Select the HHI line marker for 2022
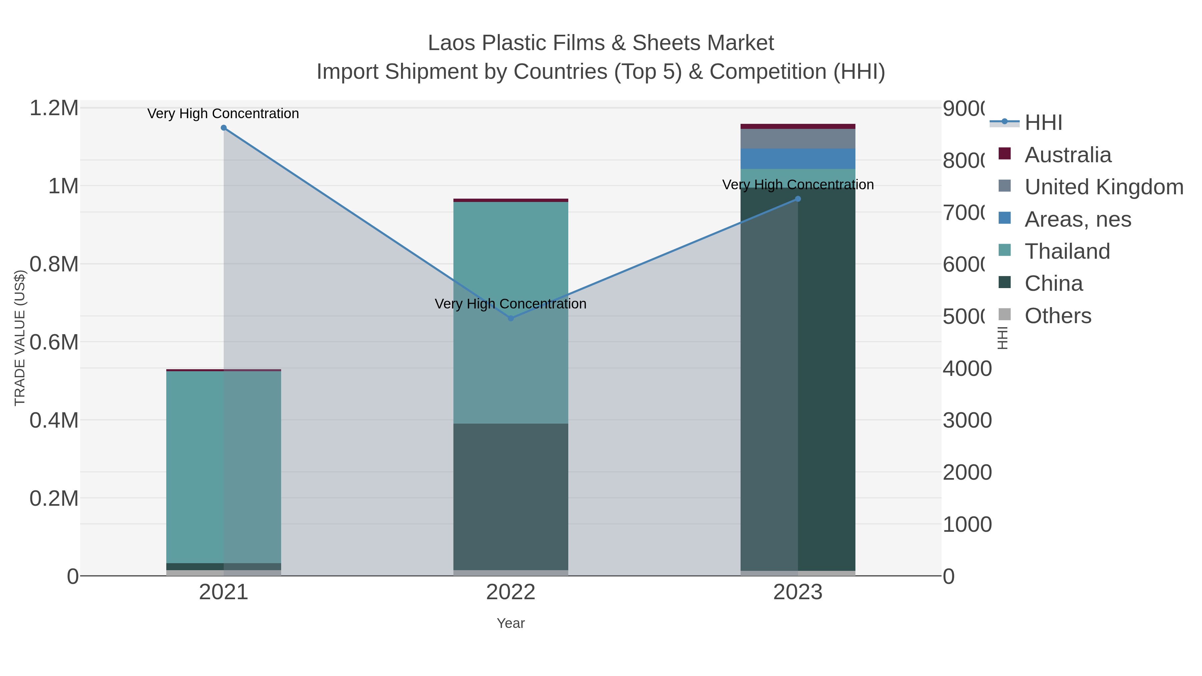(511, 318)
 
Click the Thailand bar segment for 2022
(511, 312)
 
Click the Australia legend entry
(1068, 155)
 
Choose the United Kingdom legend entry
(1104, 187)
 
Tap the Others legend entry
(1057, 316)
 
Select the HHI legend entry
(1043, 123)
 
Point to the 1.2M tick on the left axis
(54, 108)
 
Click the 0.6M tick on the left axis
(54, 343)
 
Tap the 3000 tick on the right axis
(967, 420)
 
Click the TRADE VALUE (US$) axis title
(20, 338)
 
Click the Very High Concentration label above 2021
(223, 114)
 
